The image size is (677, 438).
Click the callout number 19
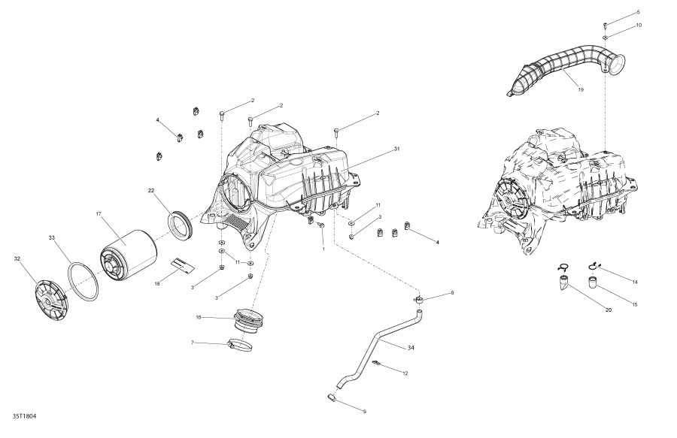[x=581, y=90]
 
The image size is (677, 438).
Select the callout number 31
[x=396, y=149]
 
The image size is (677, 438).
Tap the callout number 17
[x=99, y=214]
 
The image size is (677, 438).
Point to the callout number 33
[x=52, y=237]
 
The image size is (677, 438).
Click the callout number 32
[x=17, y=259]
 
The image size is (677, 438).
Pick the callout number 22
[x=151, y=190]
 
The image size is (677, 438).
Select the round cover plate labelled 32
[x=53, y=297]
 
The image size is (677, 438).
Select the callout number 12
[x=405, y=373]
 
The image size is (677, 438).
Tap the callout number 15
[x=633, y=304]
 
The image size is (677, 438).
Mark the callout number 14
[x=635, y=282]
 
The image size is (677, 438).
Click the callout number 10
[x=639, y=25]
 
